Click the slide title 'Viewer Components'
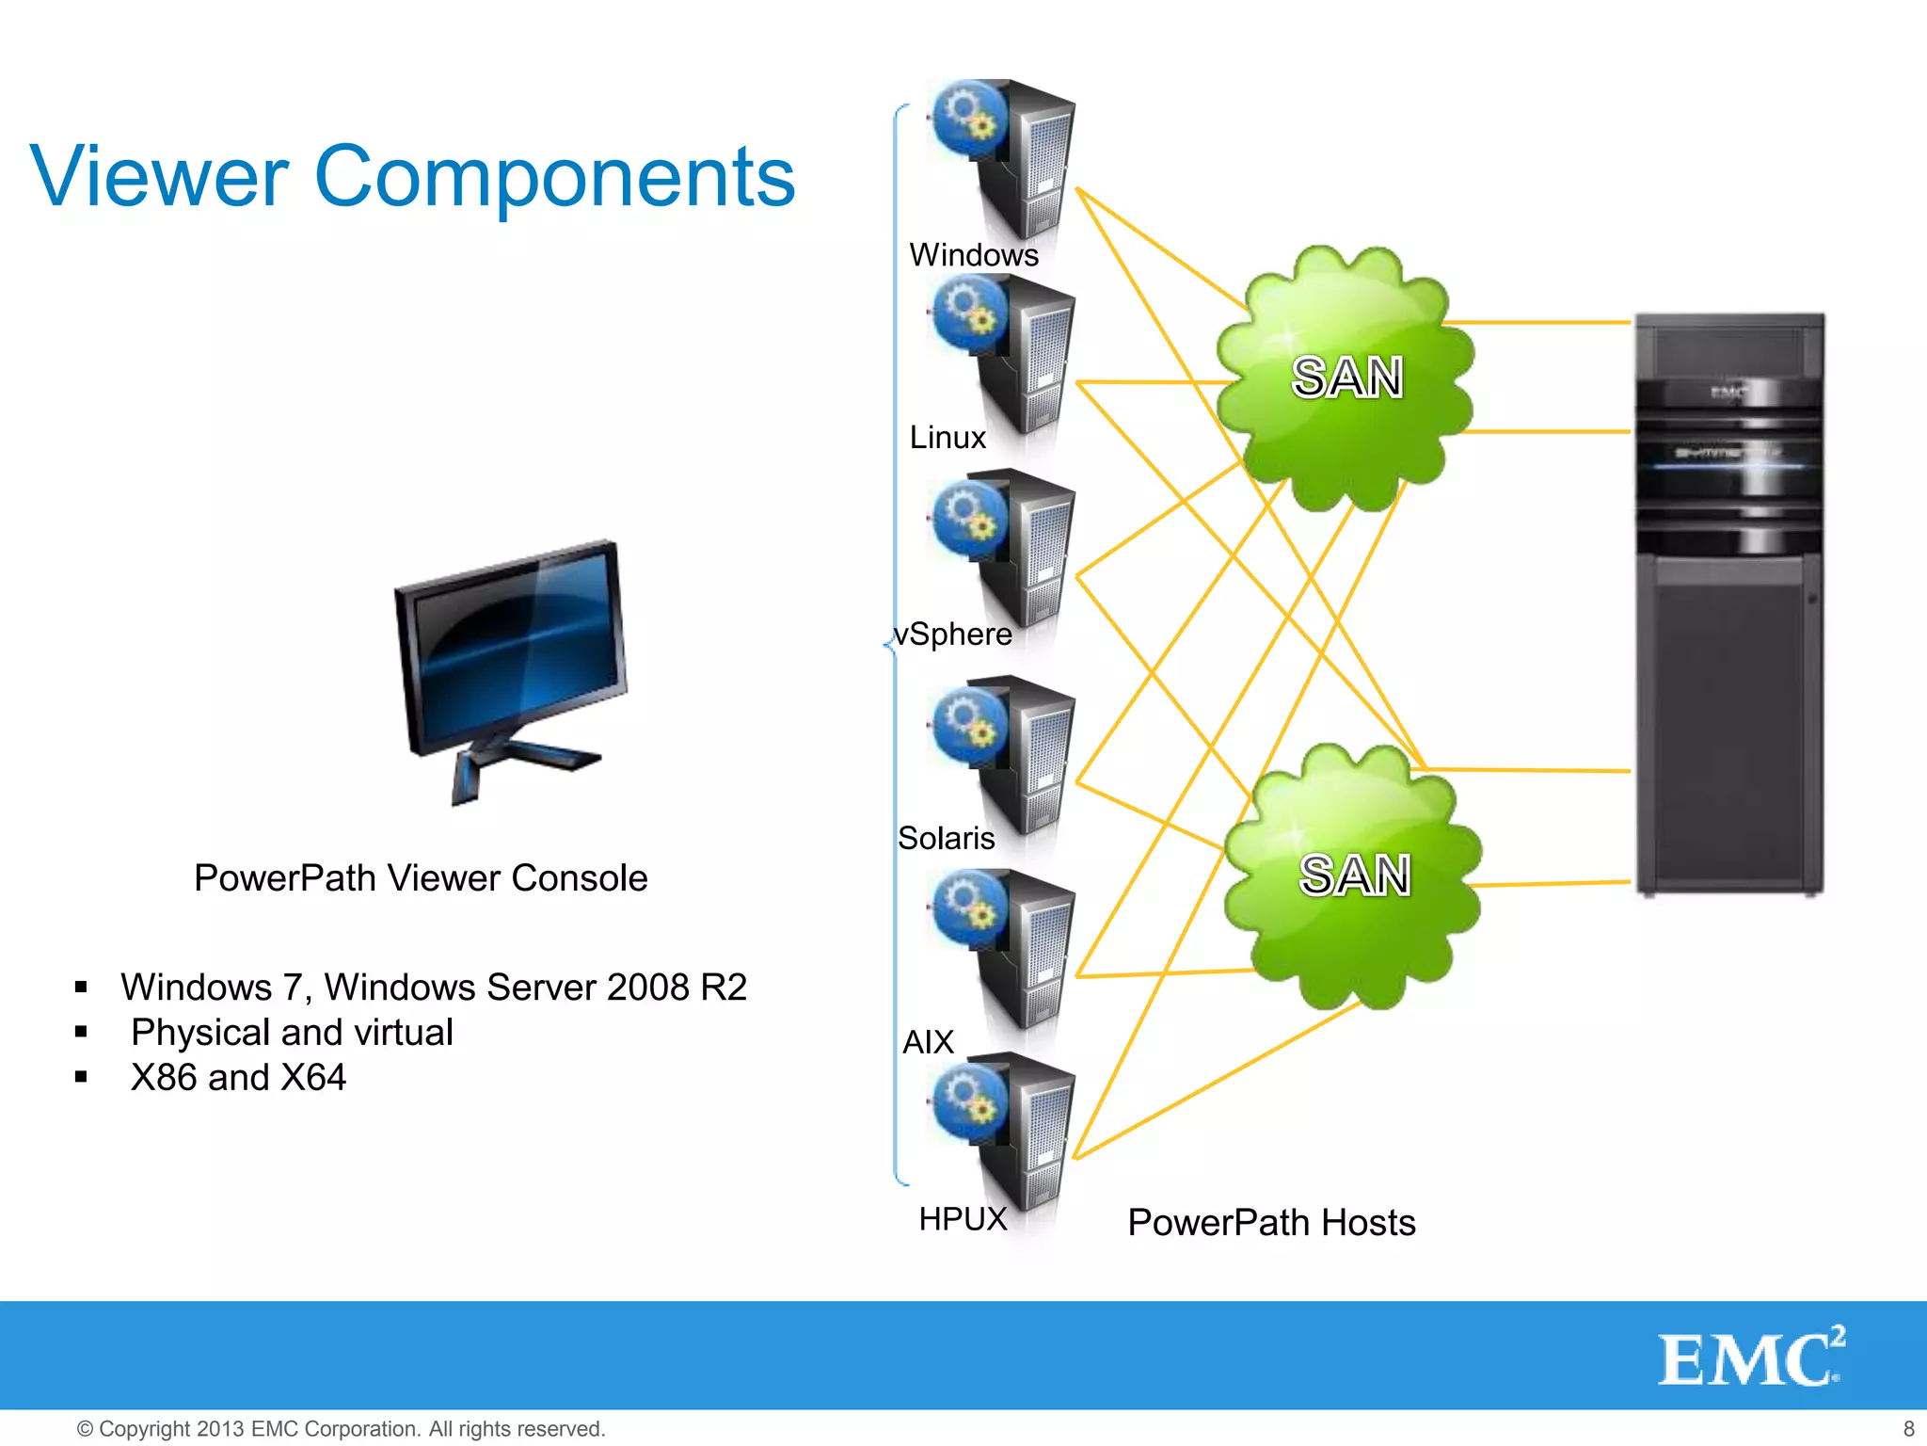412,177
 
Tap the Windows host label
974,255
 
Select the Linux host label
948,438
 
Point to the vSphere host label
953,635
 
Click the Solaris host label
946,838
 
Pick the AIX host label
928,1042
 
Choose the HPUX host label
963,1219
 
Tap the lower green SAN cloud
1353,876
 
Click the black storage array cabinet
1729,602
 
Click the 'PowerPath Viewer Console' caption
421,878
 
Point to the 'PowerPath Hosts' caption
1271,1223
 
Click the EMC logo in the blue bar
1750,1358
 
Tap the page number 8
1908,1429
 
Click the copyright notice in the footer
341,1429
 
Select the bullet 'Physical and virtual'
292,1033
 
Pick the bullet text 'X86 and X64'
238,1078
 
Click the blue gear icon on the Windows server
969,117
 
